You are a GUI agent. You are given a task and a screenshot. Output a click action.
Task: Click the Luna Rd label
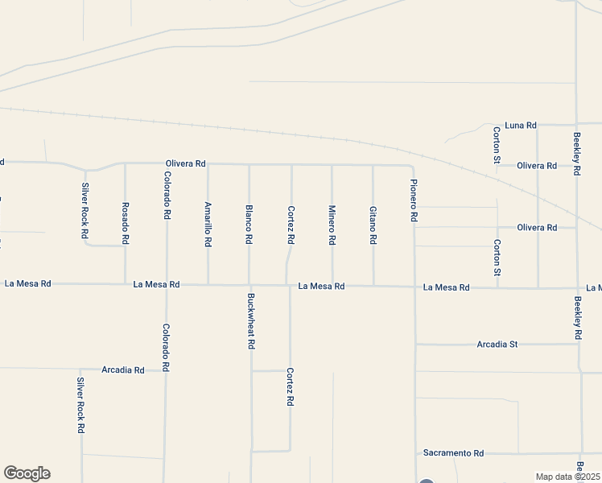521,126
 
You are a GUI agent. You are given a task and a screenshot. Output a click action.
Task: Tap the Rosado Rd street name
126,223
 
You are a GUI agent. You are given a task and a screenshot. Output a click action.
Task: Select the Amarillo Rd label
208,223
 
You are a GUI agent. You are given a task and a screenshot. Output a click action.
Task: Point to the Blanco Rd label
249,225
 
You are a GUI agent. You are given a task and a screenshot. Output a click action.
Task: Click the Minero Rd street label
332,225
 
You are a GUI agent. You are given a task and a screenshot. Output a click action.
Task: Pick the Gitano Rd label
373,225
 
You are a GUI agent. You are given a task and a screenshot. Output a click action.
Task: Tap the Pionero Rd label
414,201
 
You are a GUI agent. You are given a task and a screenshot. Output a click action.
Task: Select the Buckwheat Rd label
251,320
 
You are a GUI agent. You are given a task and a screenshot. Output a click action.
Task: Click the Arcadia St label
497,344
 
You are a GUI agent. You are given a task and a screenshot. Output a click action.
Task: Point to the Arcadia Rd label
123,370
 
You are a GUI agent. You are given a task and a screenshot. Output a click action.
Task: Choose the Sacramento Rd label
455,453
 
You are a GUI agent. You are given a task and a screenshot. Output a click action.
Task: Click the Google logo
27,473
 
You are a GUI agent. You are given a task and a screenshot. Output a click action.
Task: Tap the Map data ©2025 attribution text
568,477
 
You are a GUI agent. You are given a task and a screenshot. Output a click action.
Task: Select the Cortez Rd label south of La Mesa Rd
290,386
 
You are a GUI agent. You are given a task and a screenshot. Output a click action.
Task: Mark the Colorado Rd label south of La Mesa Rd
166,347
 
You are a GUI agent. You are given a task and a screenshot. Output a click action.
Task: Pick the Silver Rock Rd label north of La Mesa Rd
85,210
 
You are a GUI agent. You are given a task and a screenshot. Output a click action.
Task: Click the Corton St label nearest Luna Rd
497,144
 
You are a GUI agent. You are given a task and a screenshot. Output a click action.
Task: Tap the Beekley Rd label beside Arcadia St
578,317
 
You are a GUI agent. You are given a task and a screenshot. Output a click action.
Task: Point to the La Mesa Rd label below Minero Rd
321,286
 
